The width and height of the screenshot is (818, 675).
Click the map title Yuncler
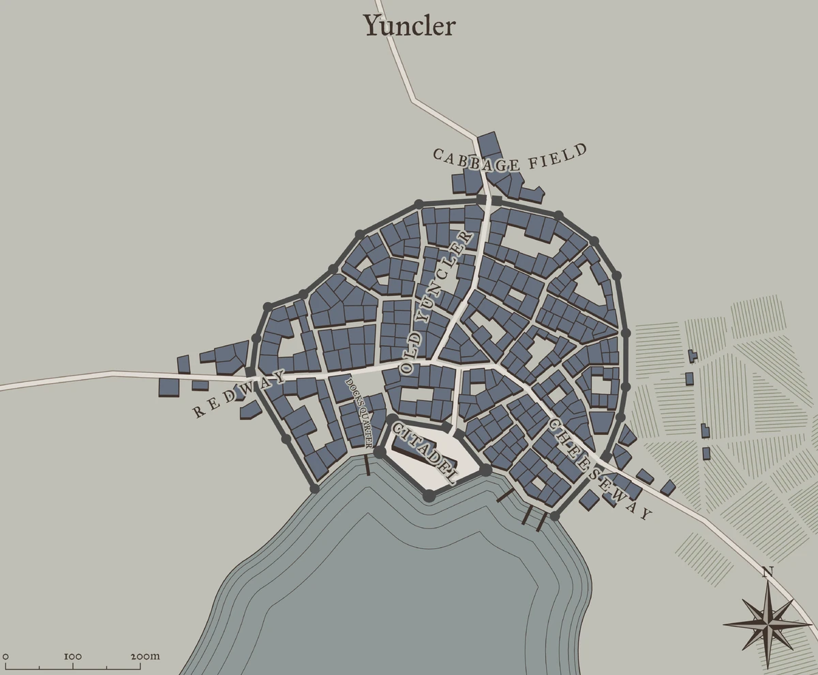(x=409, y=26)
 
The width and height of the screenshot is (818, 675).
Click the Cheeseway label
(x=599, y=469)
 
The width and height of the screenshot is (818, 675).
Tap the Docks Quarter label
(x=359, y=412)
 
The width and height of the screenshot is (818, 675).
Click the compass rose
(x=768, y=622)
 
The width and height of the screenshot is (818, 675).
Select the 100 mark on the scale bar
(x=73, y=657)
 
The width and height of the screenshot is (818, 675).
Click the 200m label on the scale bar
(x=145, y=657)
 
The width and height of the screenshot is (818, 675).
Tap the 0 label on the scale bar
(x=5, y=657)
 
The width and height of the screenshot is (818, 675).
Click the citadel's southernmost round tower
(x=429, y=496)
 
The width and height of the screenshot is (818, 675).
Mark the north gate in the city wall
(x=489, y=200)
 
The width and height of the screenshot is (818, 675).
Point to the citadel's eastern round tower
(x=485, y=470)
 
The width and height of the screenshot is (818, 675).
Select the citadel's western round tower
(x=380, y=451)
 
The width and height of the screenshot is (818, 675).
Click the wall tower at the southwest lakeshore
(x=314, y=488)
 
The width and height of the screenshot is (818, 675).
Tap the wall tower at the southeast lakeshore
(x=555, y=516)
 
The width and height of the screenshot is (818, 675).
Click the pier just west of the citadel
(x=367, y=466)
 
